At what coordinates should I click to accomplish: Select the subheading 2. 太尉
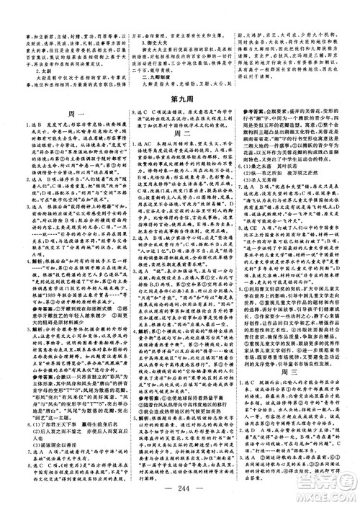36,52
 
